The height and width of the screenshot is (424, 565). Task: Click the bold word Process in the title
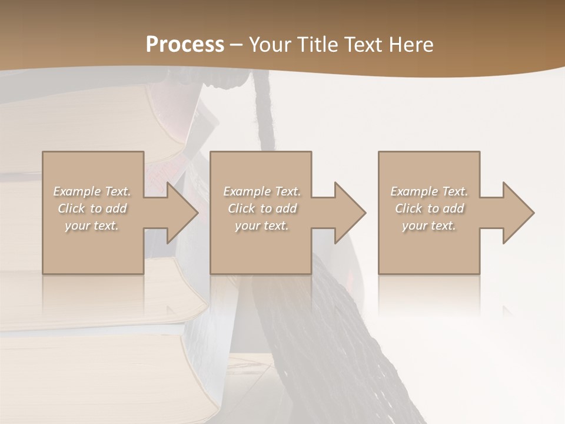[185, 45]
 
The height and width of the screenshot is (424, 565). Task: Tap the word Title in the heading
[317, 45]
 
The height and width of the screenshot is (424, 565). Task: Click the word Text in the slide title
[363, 45]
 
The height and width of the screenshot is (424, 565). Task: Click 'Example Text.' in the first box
[92, 191]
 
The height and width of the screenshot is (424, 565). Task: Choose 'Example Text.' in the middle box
[262, 191]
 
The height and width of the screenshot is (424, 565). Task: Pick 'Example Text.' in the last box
[429, 191]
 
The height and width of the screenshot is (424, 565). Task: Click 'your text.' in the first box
[92, 226]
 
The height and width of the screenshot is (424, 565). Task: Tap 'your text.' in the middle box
[262, 226]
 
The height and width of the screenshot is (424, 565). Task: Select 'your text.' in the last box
[429, 226]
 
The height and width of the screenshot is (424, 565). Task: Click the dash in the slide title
[236, 45]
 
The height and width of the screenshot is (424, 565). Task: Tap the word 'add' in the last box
[453, 208]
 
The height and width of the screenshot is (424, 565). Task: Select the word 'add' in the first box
[116, 208]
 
